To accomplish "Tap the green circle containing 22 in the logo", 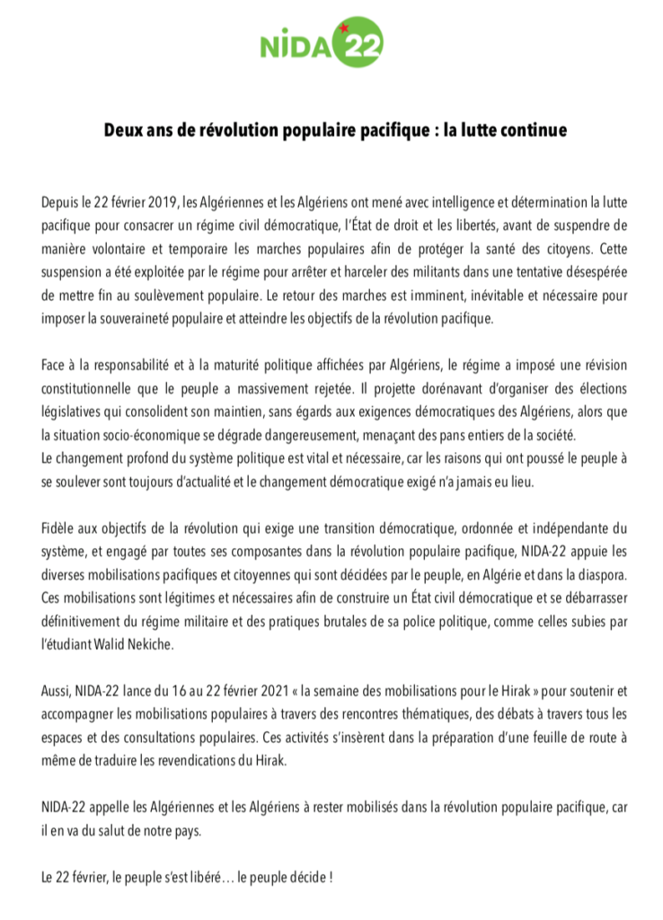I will point(359,41).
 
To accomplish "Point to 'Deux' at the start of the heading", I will point(124,130).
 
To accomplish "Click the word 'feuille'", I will point(521,737).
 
